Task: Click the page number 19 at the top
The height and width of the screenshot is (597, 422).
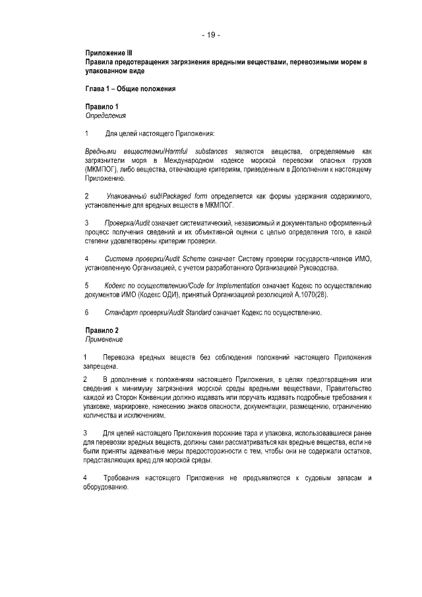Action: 211,34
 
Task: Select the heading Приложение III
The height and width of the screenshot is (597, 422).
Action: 109,52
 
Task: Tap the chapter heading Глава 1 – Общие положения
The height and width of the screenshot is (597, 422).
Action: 130,87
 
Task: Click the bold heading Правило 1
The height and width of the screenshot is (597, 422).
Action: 102,106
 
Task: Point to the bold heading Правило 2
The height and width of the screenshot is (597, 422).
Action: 102,330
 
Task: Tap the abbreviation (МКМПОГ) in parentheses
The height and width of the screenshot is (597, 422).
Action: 101,170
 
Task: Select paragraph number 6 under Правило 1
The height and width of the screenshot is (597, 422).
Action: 87,313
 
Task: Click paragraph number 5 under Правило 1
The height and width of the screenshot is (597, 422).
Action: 87,286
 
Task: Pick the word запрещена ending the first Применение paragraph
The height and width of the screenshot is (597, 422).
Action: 101,365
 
